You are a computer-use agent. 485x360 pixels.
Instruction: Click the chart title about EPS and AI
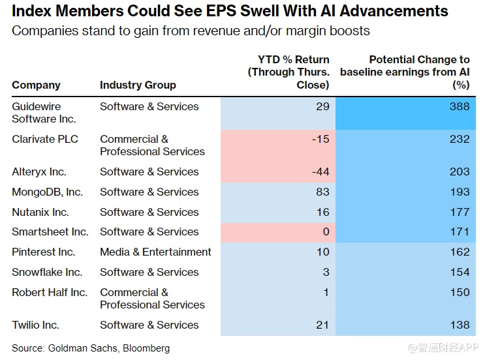tap(230, 12)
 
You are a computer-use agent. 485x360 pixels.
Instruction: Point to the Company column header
tap(36, 85)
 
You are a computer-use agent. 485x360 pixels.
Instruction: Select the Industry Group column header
tap(138, 85)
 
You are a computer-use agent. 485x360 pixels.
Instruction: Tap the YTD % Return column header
tap(289, 72)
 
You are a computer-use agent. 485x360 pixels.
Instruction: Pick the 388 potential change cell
tap(460, 106)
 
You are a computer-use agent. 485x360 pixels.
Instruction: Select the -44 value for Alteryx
tap(319, 172)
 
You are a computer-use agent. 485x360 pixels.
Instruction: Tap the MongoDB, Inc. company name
tap(47, 192)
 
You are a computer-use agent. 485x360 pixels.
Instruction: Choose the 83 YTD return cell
tap(322, 192)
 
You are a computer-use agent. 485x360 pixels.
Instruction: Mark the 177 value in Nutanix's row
tap(460, 212)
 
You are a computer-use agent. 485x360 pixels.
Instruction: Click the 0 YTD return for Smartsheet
tap(326, 232)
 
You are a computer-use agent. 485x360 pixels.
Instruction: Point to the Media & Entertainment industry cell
tap(155, 252)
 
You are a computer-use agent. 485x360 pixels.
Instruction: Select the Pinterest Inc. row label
tap(43, 252)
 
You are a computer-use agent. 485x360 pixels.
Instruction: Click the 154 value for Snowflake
tap(460, 272)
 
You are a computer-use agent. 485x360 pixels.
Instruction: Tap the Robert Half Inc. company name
tap(50, 292)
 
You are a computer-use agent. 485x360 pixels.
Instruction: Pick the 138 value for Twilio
tap(460, 325)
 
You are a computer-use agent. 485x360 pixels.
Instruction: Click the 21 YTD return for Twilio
tap(322, 325)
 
